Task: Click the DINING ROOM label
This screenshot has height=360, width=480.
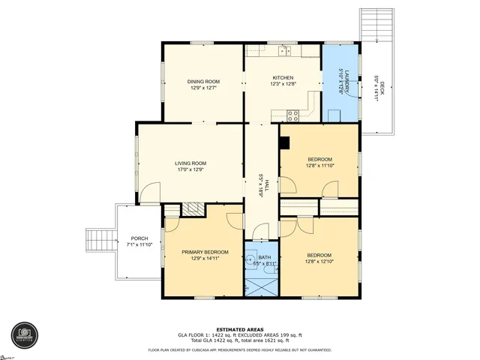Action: click(202, 81)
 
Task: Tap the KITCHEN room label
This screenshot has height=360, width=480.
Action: click(282, 77)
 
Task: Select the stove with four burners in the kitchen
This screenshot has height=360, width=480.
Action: click(292, 115)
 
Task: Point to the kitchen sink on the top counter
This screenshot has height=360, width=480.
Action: click(284, 51)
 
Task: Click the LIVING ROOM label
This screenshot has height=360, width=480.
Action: click(190, 163)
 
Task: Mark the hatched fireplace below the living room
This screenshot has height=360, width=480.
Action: click(194, 208)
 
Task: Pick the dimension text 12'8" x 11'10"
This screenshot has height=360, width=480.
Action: click(320, 166)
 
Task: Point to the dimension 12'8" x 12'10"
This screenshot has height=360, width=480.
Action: click(320, 262)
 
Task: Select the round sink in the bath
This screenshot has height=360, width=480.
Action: click(250, 259)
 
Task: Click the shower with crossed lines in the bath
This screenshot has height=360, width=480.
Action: click(261, 286)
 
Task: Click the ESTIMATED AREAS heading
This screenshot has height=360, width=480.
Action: click(239, 329)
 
